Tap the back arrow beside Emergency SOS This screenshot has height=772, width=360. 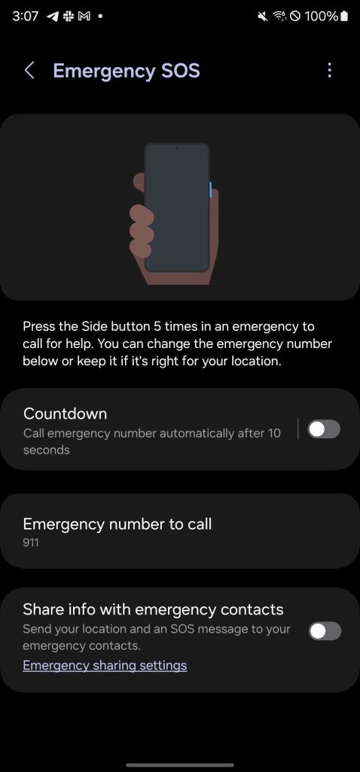tap(29, 70)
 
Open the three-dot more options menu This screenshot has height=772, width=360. tap(329, 70)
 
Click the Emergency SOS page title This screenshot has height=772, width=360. tap(127, 71)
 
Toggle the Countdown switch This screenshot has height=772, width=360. tap(324, 429)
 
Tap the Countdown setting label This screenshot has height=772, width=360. tap(65, 413)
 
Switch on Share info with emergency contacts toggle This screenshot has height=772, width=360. tap(325, 630)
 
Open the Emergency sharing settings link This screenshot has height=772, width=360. tap(105, 666)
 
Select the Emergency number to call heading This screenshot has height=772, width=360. tap(117, 524)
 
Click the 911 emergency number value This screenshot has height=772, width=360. tap(31, 543)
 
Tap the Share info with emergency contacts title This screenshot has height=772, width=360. tap(153, 609)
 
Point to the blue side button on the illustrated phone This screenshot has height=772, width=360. tap(211, 190)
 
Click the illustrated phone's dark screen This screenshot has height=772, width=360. tap(177, 207)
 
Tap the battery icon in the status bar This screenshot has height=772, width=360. tap(343, 17)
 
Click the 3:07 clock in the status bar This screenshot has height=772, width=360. tap(25, 17)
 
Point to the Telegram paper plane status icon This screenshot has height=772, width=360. tap(53, 17)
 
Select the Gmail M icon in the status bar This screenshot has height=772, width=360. tap(84, 17)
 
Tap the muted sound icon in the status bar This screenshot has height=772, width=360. tap(263, 17)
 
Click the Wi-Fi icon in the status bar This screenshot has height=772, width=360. tap(279, 17)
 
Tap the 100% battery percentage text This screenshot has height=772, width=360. tap(322, 17)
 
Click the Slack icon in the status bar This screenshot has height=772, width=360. tap(69, 17)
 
